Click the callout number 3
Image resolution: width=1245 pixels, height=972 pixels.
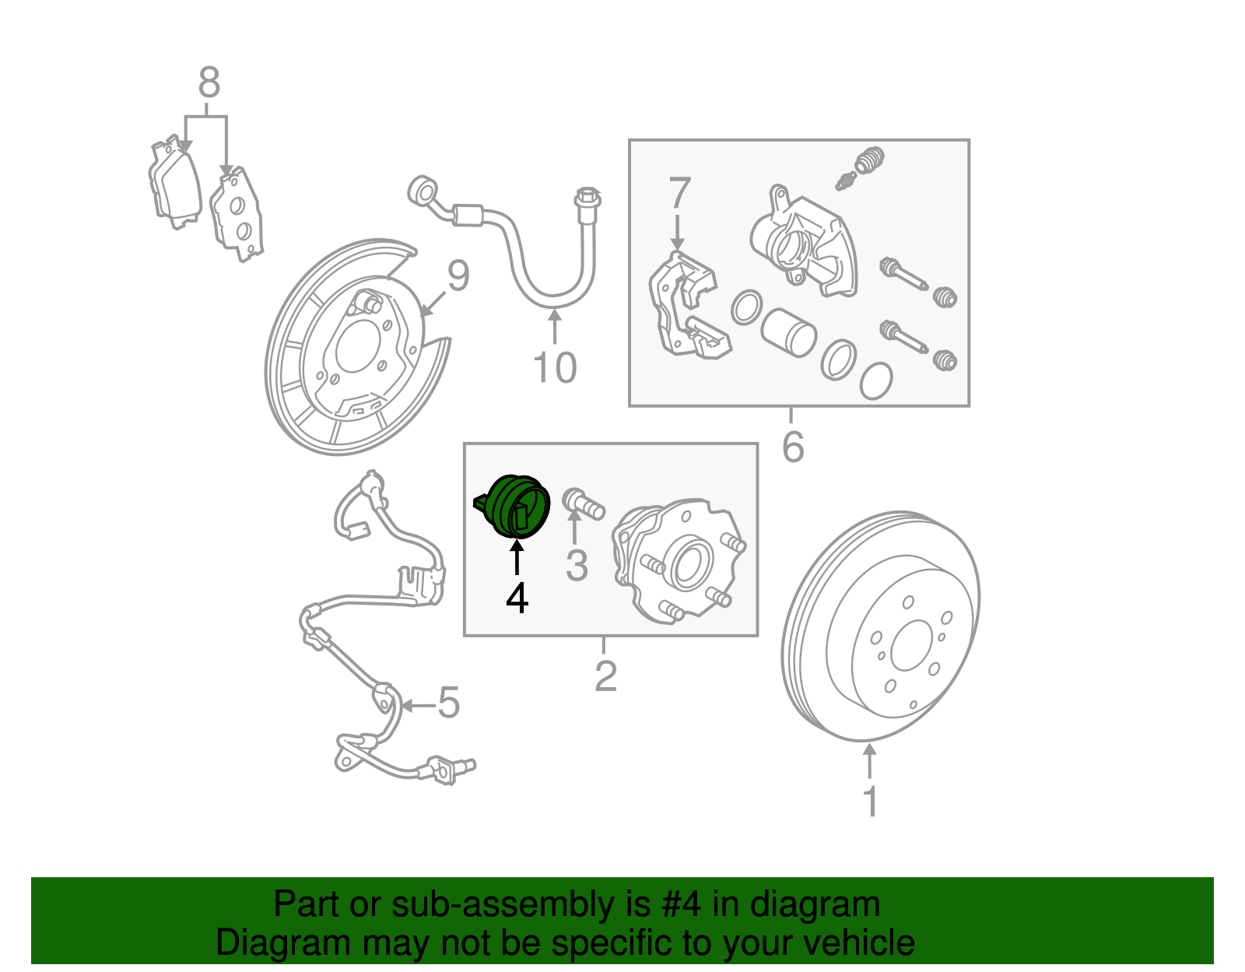pos(577,566)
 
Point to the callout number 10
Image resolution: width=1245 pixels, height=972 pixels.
pos(555,367)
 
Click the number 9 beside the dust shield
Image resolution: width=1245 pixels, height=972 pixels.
pos(458,276)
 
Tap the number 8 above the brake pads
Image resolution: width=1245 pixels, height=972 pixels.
pos(209,82)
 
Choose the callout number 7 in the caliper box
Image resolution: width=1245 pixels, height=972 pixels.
pos(679,193)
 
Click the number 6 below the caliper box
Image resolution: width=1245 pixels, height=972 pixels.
pos(793,447)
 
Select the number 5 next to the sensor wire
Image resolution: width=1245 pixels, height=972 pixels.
pos(448,703)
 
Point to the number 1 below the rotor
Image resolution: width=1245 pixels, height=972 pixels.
pos(871,802)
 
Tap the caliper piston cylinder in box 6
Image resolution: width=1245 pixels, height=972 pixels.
pos(787,332)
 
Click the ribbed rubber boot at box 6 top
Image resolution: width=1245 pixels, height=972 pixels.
pos(870,161)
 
